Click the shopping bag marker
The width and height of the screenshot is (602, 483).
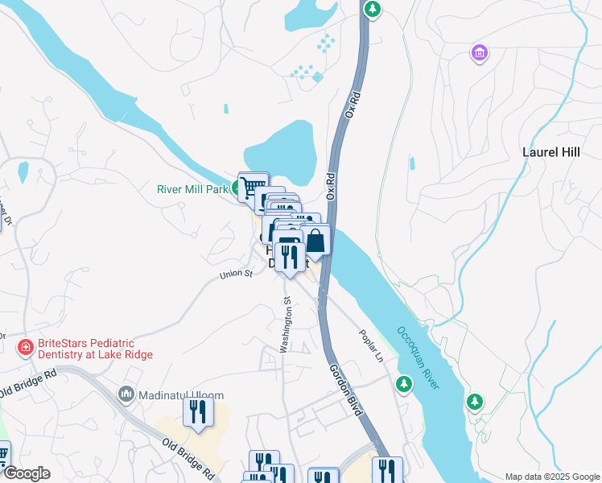[x=315, y=241]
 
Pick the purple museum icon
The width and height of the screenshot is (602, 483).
[x=480, y=53]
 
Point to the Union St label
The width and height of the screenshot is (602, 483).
[x=237, y=275]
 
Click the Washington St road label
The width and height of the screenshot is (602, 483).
[x=285, y=324]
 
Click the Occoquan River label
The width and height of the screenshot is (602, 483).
[x=418, y=358]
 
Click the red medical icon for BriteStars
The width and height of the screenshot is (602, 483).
[x=26, y=347]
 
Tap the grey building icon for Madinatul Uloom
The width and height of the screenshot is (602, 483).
[x=126, y=394]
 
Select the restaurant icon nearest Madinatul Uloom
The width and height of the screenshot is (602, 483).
[x=197, y=412]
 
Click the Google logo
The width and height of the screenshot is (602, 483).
[x=27, y=473]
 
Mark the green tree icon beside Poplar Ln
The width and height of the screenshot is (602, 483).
[x=403, y=385]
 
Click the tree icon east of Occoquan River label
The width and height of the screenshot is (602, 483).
[x=475, y=401]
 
